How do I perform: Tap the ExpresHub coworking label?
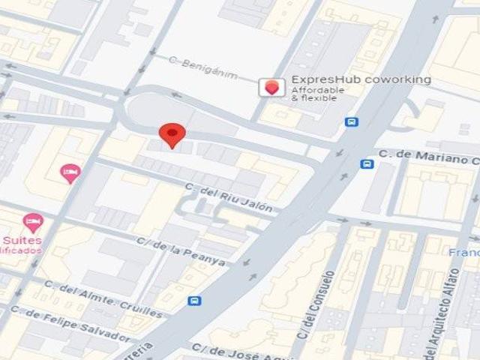(x=361, y=79)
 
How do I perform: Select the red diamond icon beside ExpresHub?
(x=271, y=87)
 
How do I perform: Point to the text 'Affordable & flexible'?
(x=318, y=94)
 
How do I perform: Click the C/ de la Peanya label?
(x=181, y=250)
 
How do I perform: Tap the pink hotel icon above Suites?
(x=32, y=222)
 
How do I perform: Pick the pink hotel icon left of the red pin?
(x=70, y=174)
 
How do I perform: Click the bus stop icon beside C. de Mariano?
(x=367, y=163)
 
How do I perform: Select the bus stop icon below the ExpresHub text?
(x=351, y=121)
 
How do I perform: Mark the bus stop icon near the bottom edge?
(x=195, y=301)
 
